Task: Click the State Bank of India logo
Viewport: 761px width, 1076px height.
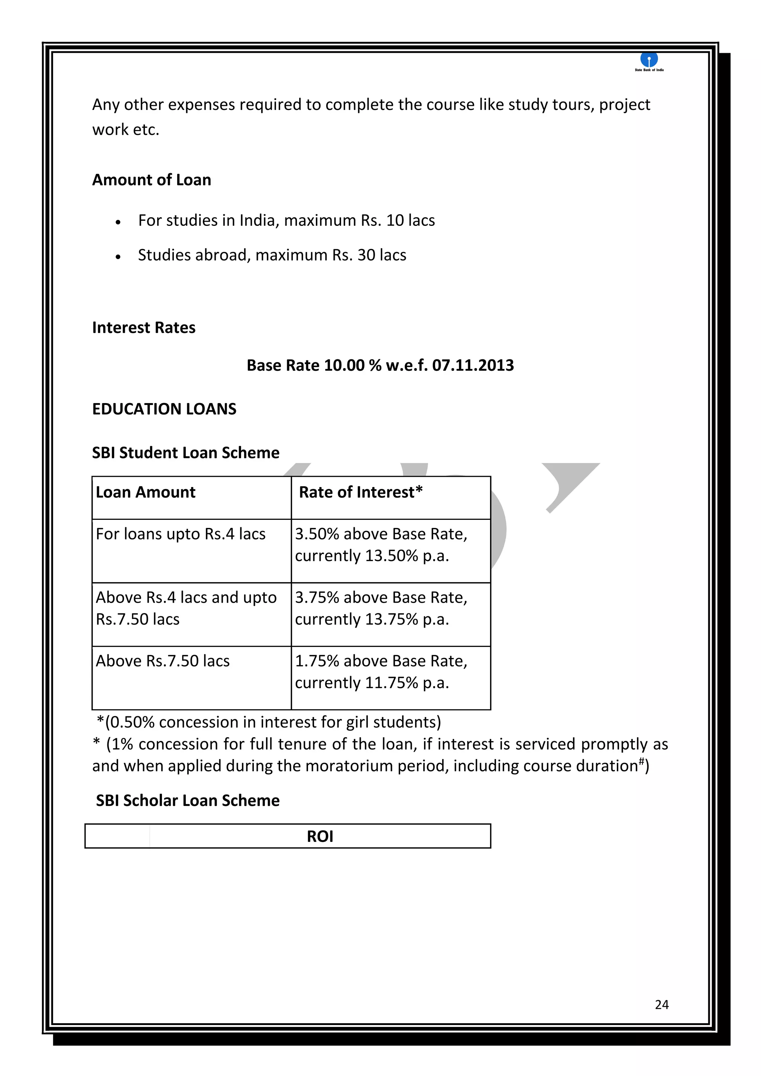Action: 649,61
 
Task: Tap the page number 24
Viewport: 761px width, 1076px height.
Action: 662,1004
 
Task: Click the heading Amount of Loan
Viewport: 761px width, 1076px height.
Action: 151,180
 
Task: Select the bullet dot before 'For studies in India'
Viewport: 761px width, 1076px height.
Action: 118,222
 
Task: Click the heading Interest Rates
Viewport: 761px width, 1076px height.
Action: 143,328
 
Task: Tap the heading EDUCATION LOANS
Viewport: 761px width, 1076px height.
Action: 164,409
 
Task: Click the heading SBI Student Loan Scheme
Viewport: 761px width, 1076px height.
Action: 185,453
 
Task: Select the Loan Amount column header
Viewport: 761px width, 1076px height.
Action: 145,493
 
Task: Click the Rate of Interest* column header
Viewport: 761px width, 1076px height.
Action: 361,493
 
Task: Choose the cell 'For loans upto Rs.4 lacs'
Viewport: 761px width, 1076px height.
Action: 181,534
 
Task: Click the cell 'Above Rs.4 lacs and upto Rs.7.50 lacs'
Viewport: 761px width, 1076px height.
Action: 186,608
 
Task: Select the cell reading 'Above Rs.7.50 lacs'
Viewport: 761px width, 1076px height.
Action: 163,661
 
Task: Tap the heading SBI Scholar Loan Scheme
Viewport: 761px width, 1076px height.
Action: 187,800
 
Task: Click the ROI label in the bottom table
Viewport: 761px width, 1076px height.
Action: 320,836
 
